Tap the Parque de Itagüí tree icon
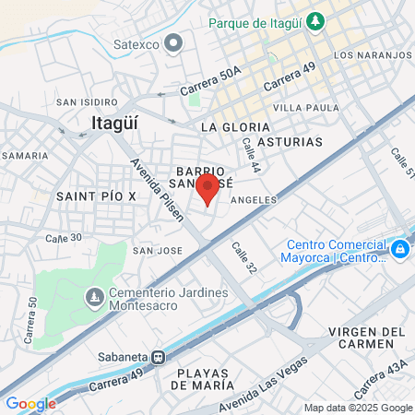315,19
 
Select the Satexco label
136,43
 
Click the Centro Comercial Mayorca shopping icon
399,249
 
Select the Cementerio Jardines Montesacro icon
94,297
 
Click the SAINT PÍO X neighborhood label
96,196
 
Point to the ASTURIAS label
290,142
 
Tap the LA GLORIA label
235,126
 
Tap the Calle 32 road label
243,259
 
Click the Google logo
30,404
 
